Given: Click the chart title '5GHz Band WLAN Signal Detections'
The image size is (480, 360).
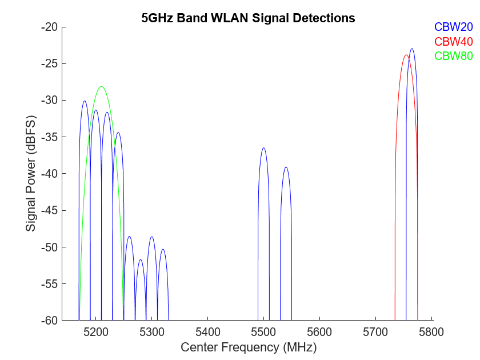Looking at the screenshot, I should click(248, 18).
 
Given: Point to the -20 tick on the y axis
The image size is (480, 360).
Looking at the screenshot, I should click(50, 27).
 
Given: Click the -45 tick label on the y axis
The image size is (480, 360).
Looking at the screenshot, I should click(50, 210).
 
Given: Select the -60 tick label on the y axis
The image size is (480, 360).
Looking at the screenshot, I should click(50, 321).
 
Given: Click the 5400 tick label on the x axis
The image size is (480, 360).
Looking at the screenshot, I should click(207, 331).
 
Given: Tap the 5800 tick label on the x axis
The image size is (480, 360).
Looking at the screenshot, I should click(432, 331).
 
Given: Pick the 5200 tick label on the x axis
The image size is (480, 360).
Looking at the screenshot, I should click(95, 331).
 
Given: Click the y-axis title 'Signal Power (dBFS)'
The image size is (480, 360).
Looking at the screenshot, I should click(31, 174).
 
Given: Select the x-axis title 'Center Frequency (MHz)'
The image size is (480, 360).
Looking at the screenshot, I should click(248, 347).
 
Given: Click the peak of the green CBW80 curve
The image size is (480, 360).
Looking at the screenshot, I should click(101, 86).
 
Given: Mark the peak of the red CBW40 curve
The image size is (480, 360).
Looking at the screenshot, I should click(406, 55).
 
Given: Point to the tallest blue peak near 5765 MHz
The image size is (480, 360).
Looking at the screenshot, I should click(412, 49).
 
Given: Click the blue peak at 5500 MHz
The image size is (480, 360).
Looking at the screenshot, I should click(263, 148).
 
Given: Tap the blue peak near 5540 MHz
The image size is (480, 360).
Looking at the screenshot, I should click(286, 167).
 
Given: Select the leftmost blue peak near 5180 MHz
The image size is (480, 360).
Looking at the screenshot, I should click(85, 101).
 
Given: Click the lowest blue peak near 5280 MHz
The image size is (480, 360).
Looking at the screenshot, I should click(141, 260).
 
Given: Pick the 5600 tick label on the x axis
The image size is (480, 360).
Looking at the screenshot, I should click(319, 331).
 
